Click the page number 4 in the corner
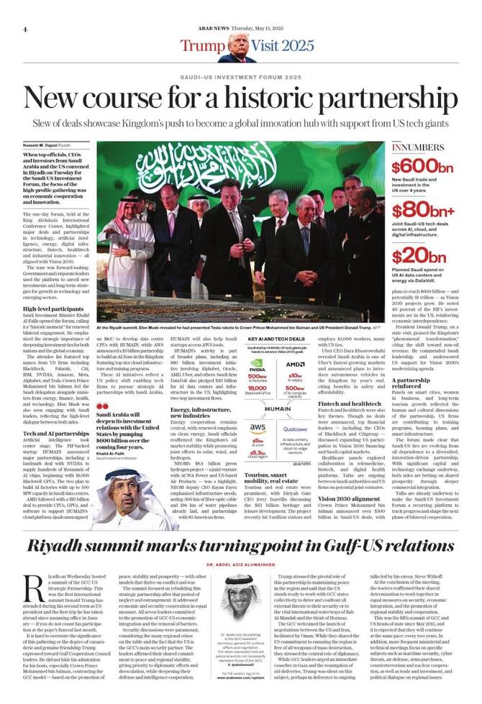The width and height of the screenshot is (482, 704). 25,29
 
